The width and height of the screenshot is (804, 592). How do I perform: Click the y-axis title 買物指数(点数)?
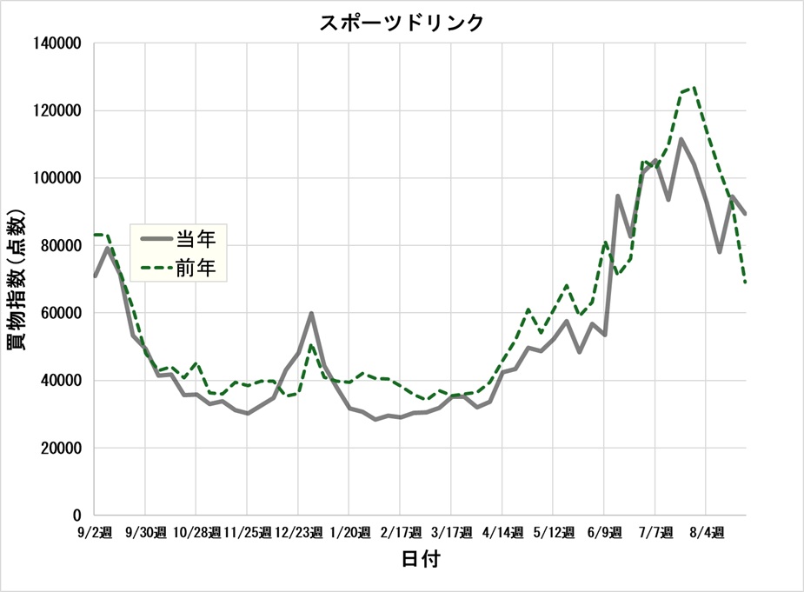(x=18, y=277)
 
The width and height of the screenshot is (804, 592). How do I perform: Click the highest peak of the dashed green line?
(x=694, y=88)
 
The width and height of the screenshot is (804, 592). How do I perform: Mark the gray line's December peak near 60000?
(x=311, y=313)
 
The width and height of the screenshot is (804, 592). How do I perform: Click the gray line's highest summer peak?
(x=681, y=139)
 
